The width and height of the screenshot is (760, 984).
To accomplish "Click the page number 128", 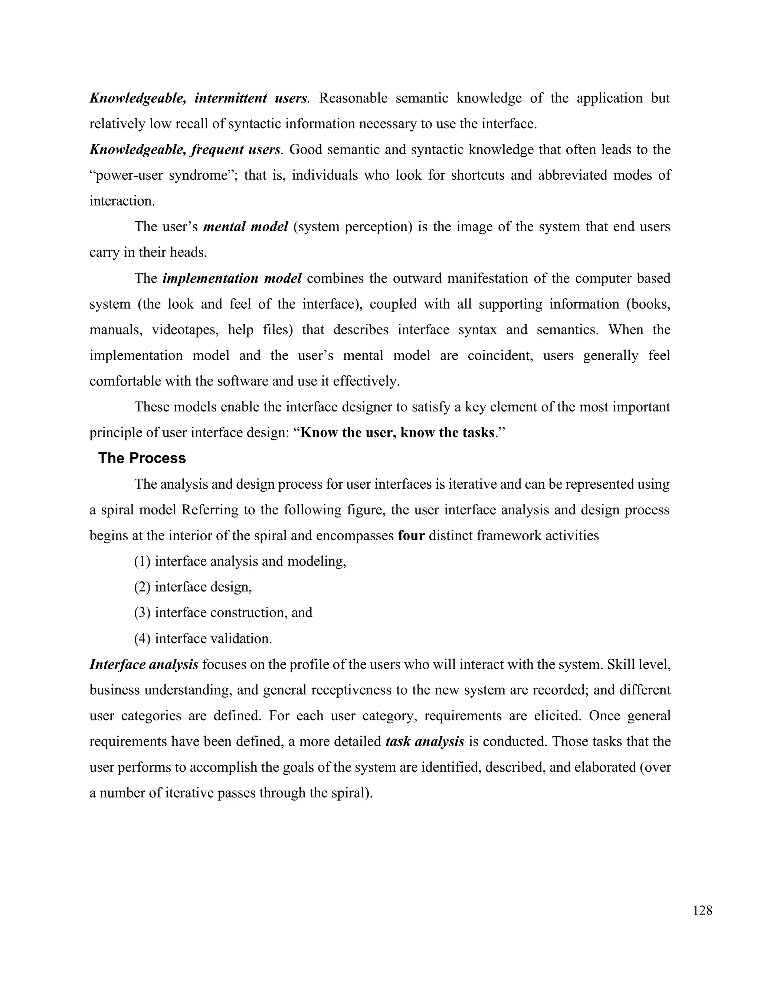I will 702,911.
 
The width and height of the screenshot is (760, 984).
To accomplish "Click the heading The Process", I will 142,458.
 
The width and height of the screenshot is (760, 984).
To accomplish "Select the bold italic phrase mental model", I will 245,227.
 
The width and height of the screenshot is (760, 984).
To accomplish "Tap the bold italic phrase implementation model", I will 232,278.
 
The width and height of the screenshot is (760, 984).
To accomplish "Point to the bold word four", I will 412,536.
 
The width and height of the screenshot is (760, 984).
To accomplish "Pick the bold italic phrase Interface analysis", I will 144,665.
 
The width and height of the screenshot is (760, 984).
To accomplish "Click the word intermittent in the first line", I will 230,98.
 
